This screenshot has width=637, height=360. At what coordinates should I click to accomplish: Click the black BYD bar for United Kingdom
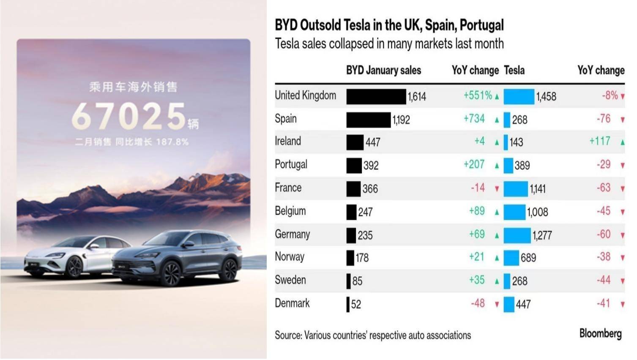[x=376, y=96]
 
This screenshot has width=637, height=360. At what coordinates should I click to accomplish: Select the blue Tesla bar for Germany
[x=517, y=235]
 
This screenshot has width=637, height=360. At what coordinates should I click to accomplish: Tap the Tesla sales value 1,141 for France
[x=538, y=189]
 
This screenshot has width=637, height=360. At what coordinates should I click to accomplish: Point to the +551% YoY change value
[x=478, y=95]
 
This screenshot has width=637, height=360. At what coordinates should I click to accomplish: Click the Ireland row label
[x=288, y=141]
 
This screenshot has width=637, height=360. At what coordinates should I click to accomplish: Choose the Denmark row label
[x=292, y=303]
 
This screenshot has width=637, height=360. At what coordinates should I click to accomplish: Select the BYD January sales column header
[x=383, y=70]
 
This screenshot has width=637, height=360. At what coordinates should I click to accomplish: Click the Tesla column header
[x=514, y=70]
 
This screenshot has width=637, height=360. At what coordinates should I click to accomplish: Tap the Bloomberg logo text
[x=600, y=333]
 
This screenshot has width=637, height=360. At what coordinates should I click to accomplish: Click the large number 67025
[x=128, y=116]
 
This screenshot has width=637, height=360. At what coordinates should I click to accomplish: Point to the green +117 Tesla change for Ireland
[x=600, y=141]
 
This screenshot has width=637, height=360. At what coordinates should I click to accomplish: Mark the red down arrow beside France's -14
[x=497, y=188]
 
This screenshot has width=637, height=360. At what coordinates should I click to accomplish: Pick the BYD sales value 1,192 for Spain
[x=401, y=120]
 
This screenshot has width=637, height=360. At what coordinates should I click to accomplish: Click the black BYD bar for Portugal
[x=354, y=166]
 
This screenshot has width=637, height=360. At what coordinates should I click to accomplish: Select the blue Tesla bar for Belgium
[x=514, y=212]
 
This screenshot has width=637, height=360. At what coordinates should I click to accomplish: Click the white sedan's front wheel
[x=74, y=267]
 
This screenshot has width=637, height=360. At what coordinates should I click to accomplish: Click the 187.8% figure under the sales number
[x=172, y=142]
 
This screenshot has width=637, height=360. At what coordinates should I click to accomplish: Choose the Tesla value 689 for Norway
[x=528, y=258]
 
